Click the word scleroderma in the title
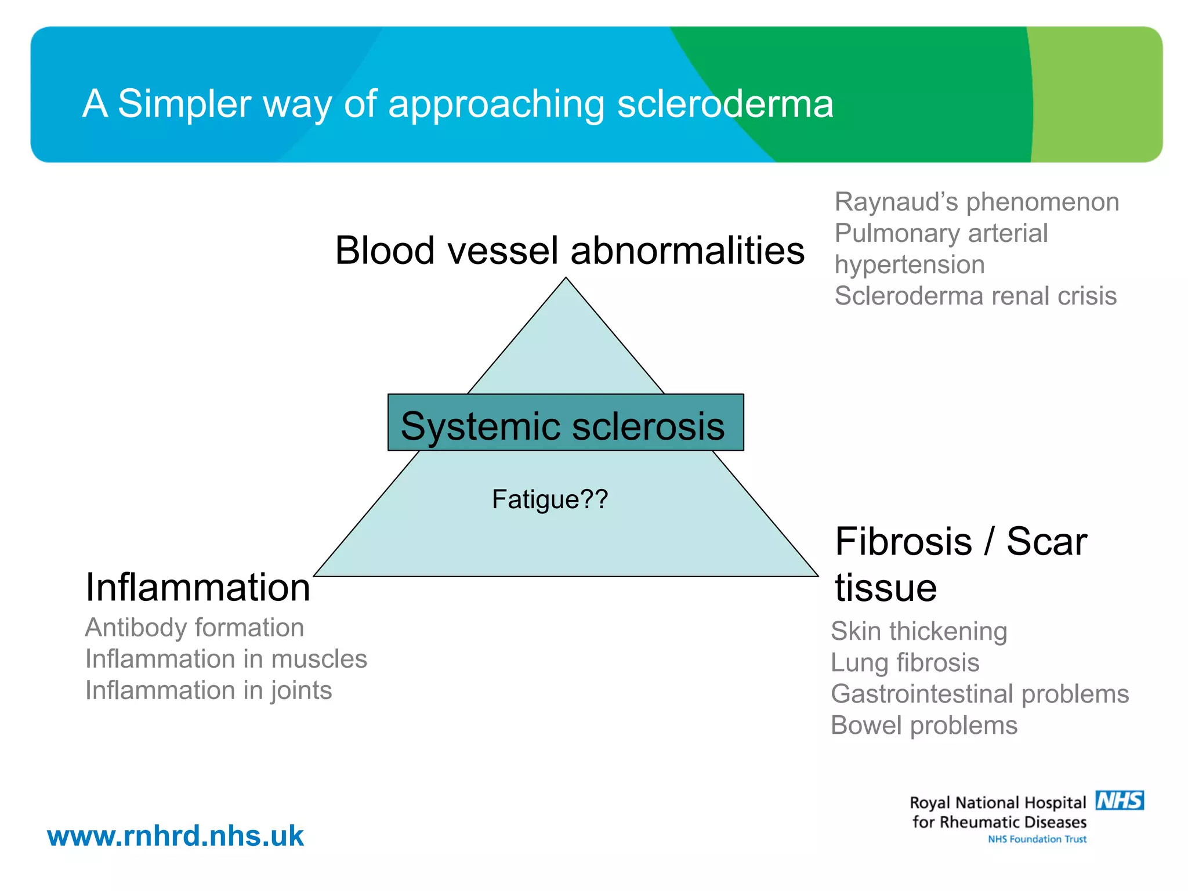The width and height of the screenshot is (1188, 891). click(725, 104)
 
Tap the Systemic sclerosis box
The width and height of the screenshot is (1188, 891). click(566, 423)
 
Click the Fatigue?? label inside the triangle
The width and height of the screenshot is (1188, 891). click(549, 499)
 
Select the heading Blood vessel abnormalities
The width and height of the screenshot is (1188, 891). click(570, 251)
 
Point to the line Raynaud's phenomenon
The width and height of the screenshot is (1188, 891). click(976, 202)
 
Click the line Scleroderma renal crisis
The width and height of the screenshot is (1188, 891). click(975, 296)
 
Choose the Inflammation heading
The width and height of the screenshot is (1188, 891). click(198, 588)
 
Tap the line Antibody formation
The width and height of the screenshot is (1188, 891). click(194, 628)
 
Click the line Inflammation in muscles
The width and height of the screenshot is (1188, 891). click(226, 659)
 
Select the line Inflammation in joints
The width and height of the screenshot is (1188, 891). click(208, 690)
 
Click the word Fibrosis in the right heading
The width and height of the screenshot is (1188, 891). click(903, 542)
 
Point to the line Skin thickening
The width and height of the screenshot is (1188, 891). click(918, 631)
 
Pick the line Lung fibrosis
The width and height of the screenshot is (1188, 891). click(904, 662)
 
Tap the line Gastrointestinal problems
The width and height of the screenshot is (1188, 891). click(979, 694)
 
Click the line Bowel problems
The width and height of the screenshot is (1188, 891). click(923, 725)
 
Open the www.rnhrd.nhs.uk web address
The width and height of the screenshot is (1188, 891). click(175, 836)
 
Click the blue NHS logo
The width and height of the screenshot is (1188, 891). click(1119, 801)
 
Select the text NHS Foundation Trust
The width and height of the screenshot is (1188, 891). click(1037, 839)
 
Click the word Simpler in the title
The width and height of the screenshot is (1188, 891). click(184, 104)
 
